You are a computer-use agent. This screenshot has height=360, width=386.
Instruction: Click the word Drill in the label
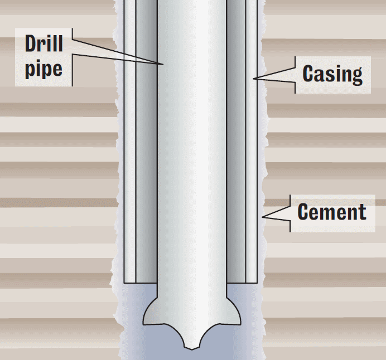pyautogui.click(x=44, y=43)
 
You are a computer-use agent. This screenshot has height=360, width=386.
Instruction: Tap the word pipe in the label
pyautogui.click(x=44, y=70)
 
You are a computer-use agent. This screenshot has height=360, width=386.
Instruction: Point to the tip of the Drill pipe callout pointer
pyautogui.click(x=163, y=65)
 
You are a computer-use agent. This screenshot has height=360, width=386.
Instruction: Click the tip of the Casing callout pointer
pyautogui.click(x=253, y=79)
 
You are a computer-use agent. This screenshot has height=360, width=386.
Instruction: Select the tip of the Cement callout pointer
pyautogui.click(x=262, y=217)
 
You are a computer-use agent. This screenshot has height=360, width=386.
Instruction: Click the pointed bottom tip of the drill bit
pyautogui.click(x=192, y=349)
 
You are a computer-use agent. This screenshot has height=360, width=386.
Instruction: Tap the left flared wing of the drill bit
pyautogui.click(x=151, y=313)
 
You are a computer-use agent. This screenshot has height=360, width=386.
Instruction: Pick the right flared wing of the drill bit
pyautogui.click(x=234, y=313)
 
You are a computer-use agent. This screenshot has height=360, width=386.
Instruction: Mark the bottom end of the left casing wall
pyautogui.click(x=130, y=283)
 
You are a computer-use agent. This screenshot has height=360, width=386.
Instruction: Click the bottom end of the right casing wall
pyautogui.click(x=252, y=283)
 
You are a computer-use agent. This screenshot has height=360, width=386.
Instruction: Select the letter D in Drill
pyautogui.click(x=31, y=43)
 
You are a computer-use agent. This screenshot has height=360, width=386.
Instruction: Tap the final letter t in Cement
pyautogui.click(x=363, y=212)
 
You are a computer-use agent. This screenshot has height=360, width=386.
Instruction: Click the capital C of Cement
pyautogui.click(x=303, y=211)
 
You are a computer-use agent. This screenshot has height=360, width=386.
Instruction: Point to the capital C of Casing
pyautogui.click(x=308, y=73)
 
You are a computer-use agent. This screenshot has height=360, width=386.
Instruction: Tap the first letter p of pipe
pyautogui.click(x=30, y=71)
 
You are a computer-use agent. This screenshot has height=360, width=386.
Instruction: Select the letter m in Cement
pyautogui.click(x=328, y=213)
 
